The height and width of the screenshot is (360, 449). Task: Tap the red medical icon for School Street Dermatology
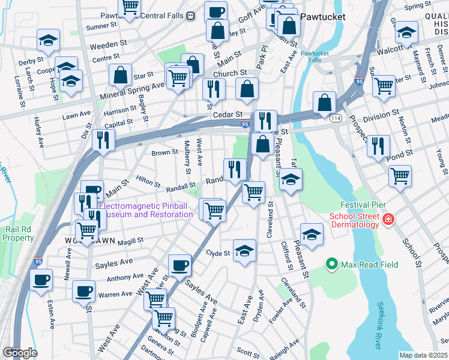(389, 220)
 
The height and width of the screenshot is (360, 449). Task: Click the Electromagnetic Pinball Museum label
(146, 209)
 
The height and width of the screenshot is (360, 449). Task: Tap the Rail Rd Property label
(18, 233)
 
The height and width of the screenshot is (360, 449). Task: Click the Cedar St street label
(228, 114)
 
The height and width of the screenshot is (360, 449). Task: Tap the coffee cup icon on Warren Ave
(83, 291)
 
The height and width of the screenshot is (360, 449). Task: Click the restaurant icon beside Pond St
(378, 146)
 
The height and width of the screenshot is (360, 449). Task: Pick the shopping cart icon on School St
(400, 176)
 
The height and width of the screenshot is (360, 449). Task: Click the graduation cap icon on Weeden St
(48, 40)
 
